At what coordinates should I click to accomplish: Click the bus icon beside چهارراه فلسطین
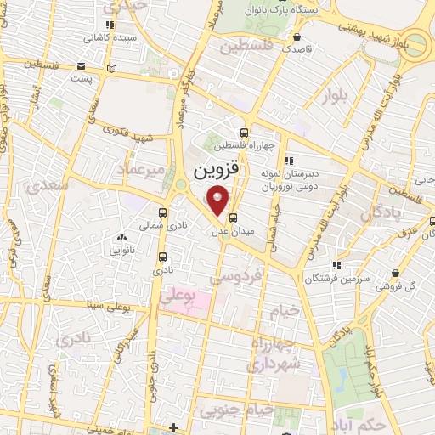coord(245,133)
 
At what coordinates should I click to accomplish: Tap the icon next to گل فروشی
coord(395,273)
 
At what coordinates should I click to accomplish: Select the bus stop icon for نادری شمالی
coord(162,213)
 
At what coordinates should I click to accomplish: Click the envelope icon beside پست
coord(80,65)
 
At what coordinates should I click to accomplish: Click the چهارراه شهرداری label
coord(273,354)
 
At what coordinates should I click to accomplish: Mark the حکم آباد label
coord(361,422)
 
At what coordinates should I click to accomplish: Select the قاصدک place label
coord(298,49)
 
